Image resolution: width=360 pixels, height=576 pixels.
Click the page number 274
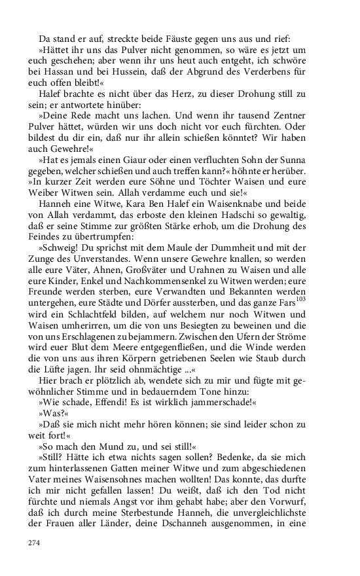click(35, 543)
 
